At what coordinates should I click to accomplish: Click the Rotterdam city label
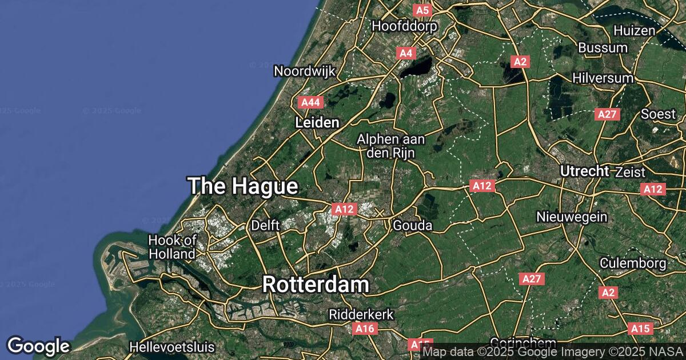tap(316, 285)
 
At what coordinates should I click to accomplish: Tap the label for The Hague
tap(243, 186)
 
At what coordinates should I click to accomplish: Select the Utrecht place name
tap(585, 171)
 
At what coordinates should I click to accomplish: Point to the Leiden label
tap(317, 122)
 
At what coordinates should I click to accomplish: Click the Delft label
tap(265, 226)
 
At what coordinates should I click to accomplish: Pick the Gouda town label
tap(413, 226)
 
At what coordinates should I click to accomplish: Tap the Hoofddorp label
tap(404, 26)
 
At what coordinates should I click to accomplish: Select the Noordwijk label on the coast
tap(305, 71)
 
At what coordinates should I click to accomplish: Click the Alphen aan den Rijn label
tap(386, 146)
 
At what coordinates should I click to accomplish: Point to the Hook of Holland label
tap(172, 246)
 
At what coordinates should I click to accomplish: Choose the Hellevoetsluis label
tap(172, 347)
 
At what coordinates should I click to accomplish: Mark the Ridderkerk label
tap(361, 314)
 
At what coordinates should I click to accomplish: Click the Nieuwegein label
tap(572, 217)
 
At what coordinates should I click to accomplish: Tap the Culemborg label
tap(633, 263)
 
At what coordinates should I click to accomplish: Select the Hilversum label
tap(603, 78)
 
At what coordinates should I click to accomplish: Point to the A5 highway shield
tap(422, 10)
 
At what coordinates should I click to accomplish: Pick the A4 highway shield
tap(406, 53)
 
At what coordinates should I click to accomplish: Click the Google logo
tap(38, 346)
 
